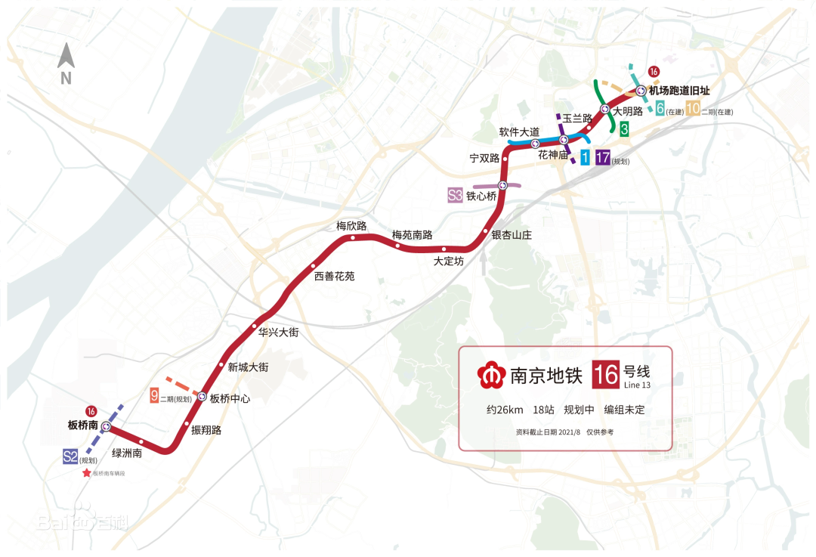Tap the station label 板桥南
(83, 425)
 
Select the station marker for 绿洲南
(141, 441)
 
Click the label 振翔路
(206, 430)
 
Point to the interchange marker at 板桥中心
(202, 396)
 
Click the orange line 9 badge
(154, 395)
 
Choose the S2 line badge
(70, 456)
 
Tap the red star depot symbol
(87, 473)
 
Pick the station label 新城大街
(248, 367)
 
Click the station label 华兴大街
(279, 332)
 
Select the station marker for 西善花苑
(313, 266)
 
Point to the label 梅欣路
(351, 226)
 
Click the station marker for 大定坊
(444, 249)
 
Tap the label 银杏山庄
(512, 235)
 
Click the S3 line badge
(455, 196)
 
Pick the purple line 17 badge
(602, 158)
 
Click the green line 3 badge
(624, 129)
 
